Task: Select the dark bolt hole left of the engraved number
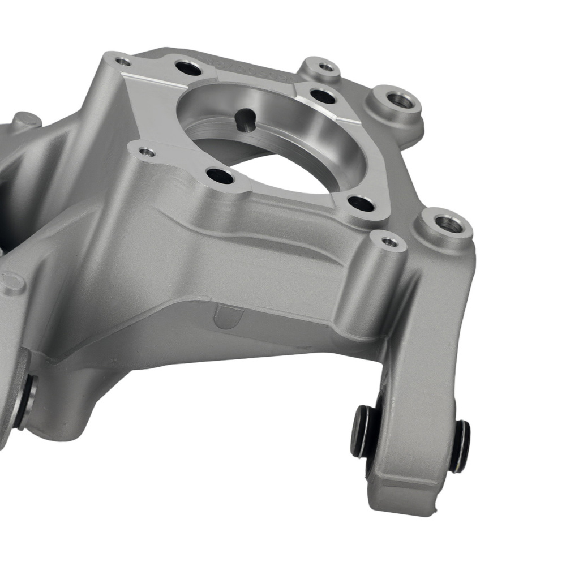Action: click(x=188, y=68)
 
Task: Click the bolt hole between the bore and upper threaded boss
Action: click(x=323, y=96)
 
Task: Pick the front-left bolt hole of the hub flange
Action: click(x=220, y=177)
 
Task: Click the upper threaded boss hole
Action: click(x=401, y=101)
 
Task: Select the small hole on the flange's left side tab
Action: click(x=147, y=152)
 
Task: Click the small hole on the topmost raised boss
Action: click(x=326, y=67)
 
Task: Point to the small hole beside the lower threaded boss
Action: click(x=389, y=242)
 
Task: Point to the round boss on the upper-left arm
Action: click(x=25, y=121)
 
